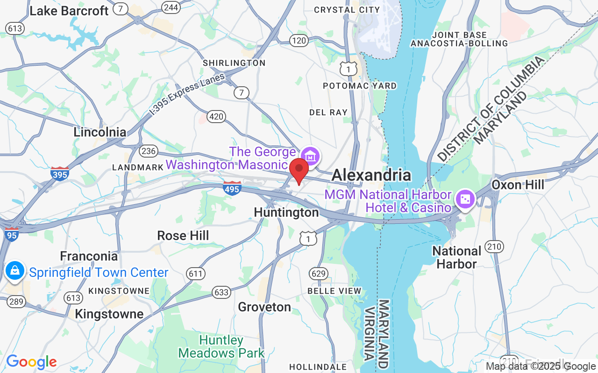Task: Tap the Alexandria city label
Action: point(371,175)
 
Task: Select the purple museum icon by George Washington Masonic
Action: point(310,156)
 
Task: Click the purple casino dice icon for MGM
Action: point(466,199)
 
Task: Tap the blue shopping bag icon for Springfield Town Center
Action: point(15,270)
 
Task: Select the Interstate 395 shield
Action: point(60,173)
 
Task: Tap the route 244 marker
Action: point(171,7)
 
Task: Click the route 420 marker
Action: point(216,117)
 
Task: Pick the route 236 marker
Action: point(149,151)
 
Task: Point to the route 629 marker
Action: point(318,273)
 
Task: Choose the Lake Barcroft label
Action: point(69,11)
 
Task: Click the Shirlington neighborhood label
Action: point(234,63)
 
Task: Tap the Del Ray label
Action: point(328,112)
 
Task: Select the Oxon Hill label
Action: point(518,185)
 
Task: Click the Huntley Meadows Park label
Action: point(221,346)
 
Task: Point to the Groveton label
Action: point(264,307)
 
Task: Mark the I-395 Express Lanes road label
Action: point(187,94)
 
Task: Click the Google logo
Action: point(31,362)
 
